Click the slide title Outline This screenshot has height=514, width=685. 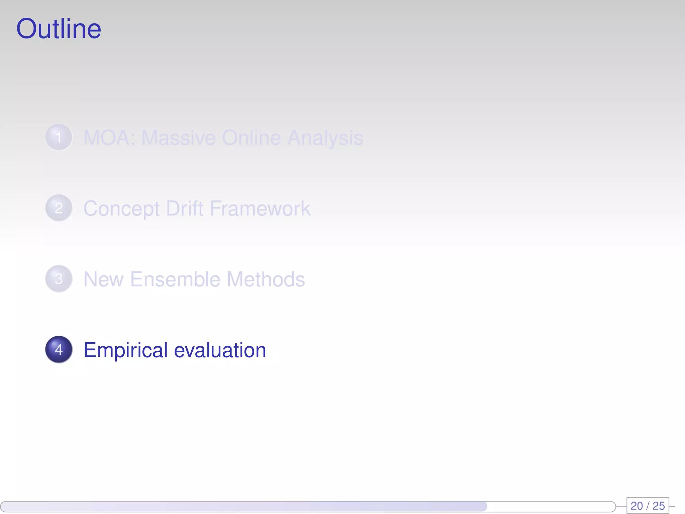pos(59,29)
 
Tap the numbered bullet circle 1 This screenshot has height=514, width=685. pos(59,137)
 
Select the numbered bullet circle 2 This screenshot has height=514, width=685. pos(59,208)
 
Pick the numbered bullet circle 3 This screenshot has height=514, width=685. pos(59,279)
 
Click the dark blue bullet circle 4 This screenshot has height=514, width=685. pos(59,349)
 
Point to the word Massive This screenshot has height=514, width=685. pos(178,138)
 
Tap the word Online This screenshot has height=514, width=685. pos(251,138)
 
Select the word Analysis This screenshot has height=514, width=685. pos(325,138)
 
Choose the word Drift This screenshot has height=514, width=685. pos(185,208)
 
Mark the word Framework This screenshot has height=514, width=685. pos(260,208)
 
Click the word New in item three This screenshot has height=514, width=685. pos(103,279)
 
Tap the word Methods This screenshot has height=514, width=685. pos(266,279)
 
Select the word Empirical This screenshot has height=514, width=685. pos(125,350)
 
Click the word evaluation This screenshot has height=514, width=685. pos(220,350)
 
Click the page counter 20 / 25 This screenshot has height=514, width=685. pos(648,505)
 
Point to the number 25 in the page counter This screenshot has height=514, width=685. pos(659,505)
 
